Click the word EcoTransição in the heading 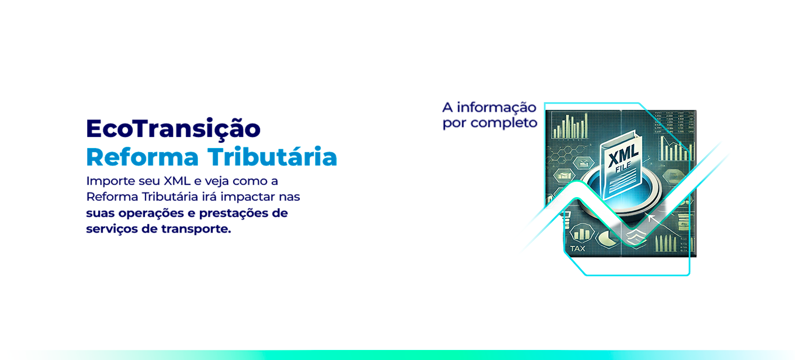(x=173, y=129)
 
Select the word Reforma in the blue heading (x=142, y=157)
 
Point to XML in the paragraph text (x=177, y=181)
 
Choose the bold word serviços (x=112, y=229)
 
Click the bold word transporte (x=196, y=229)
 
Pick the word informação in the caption (x=496, y=107)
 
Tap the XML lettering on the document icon (x=623, y=156)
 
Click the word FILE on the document (x=623, y=167)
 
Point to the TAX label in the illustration (x=578, y=248)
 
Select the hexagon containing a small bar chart (x=582, y=233)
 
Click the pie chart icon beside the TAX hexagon (x=608, y=237)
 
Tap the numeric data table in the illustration (x=674, y=123)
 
